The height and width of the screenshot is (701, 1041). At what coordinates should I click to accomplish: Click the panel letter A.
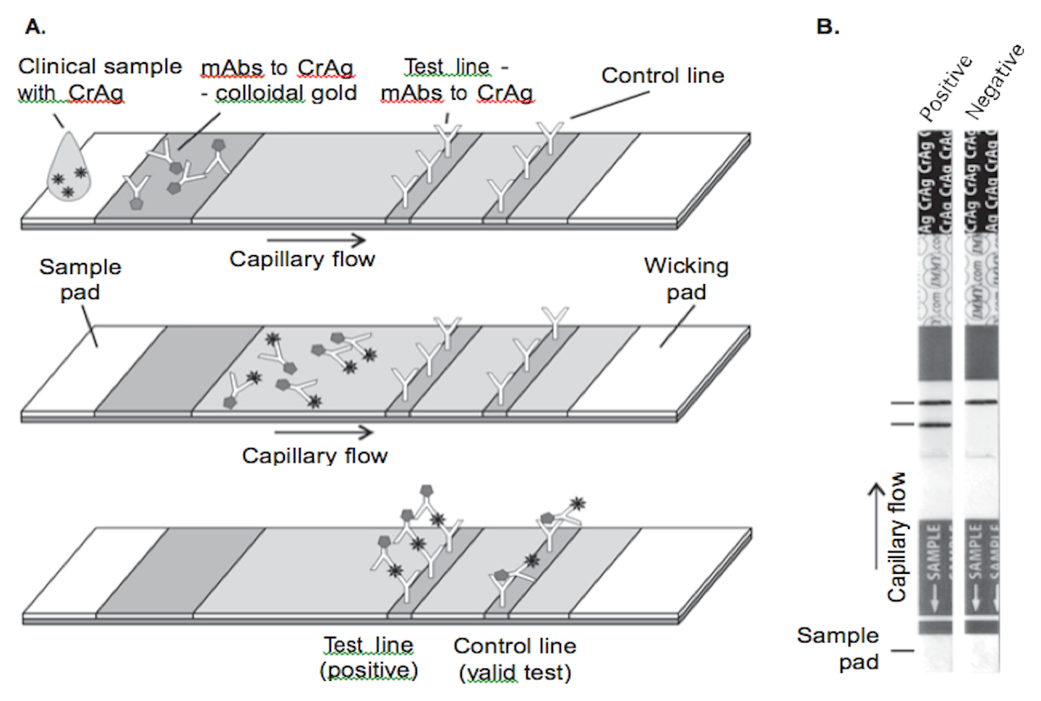(35, 27)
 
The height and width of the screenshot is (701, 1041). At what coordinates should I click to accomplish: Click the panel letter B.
(827, 27)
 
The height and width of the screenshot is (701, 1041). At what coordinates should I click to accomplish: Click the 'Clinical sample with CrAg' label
(99, 79)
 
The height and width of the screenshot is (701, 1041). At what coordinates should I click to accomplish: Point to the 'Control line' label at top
(662, 76)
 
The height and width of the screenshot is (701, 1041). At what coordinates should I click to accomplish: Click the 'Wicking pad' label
(686, 279)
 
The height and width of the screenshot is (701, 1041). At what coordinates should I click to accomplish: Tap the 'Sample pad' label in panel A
(80, 279)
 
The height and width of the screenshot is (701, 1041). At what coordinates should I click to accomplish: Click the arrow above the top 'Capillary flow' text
(316, 240)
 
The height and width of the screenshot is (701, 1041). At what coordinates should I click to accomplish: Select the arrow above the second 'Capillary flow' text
(323, 432)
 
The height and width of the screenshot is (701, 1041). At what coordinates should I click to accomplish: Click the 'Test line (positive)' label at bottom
(369, 658)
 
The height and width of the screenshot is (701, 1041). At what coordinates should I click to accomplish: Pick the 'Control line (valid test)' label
(515, 659)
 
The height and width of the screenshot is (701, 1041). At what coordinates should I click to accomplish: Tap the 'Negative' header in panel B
(995, 81)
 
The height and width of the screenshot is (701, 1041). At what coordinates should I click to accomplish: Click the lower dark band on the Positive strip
(935, 425)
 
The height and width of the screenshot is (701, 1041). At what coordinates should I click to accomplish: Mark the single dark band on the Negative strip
(981, 402)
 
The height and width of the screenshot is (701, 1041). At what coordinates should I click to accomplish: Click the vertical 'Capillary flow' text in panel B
(897, 537)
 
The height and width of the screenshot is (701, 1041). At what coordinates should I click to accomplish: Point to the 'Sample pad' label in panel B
(838, 648)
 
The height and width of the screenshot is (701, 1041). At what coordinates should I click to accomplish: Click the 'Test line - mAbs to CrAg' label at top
(457, 79)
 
